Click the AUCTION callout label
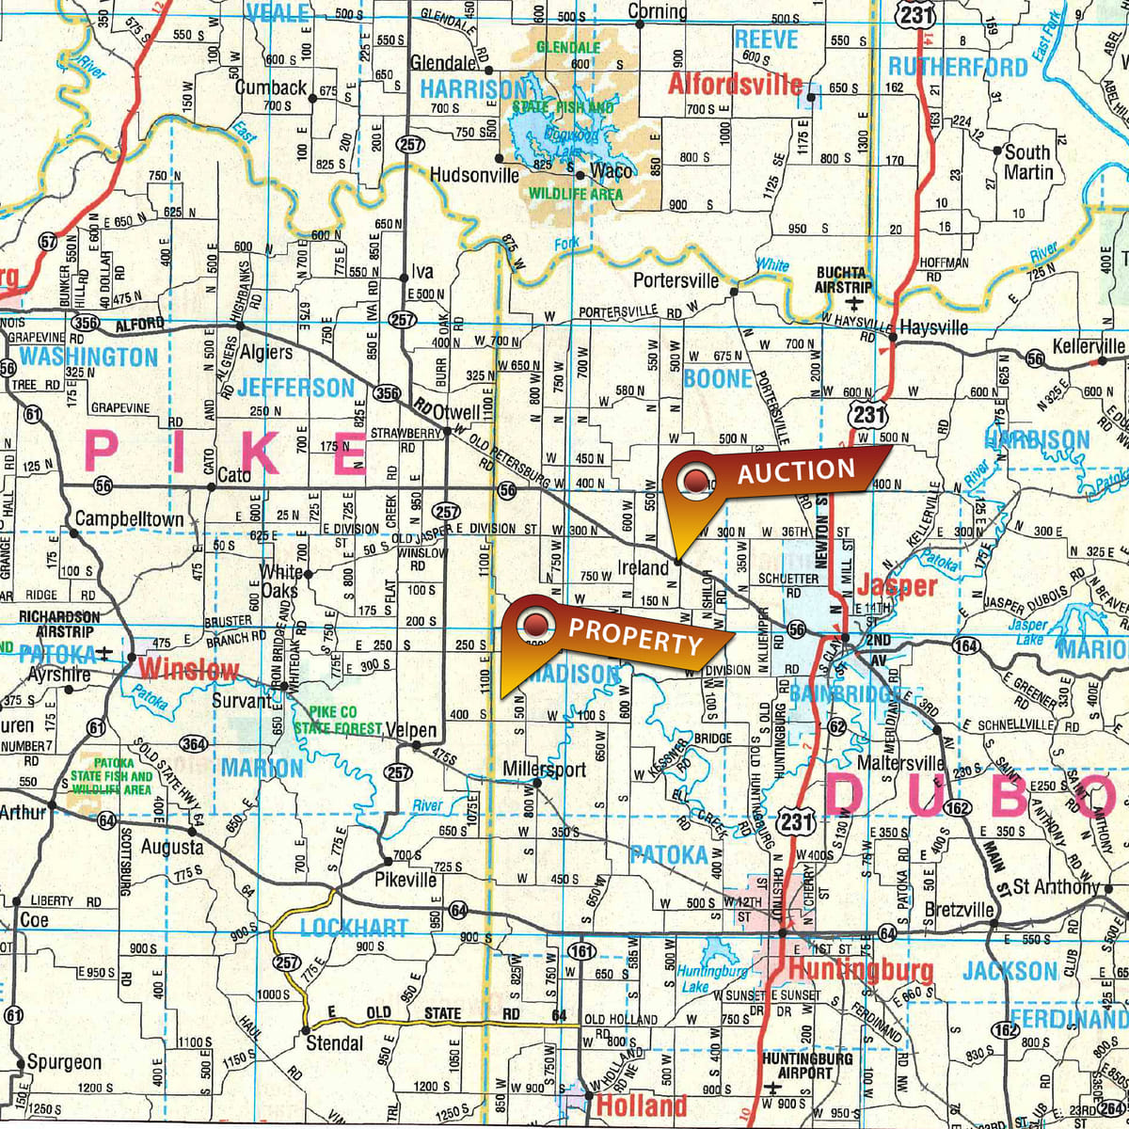pos(795,471)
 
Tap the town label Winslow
pos(189,670)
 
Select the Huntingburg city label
pos(861,969)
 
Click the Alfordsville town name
pos(735,85)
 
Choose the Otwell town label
pos(457,412)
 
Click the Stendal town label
pos(335,1042)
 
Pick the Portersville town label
pos(676,280)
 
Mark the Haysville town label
pos(933,327)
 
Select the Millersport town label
pos(544,769)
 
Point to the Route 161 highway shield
pos(582,952)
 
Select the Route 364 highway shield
pos(194,745)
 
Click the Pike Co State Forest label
pos(338,720)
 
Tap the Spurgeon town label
pos(64,1062)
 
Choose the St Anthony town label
pos(1055,886)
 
